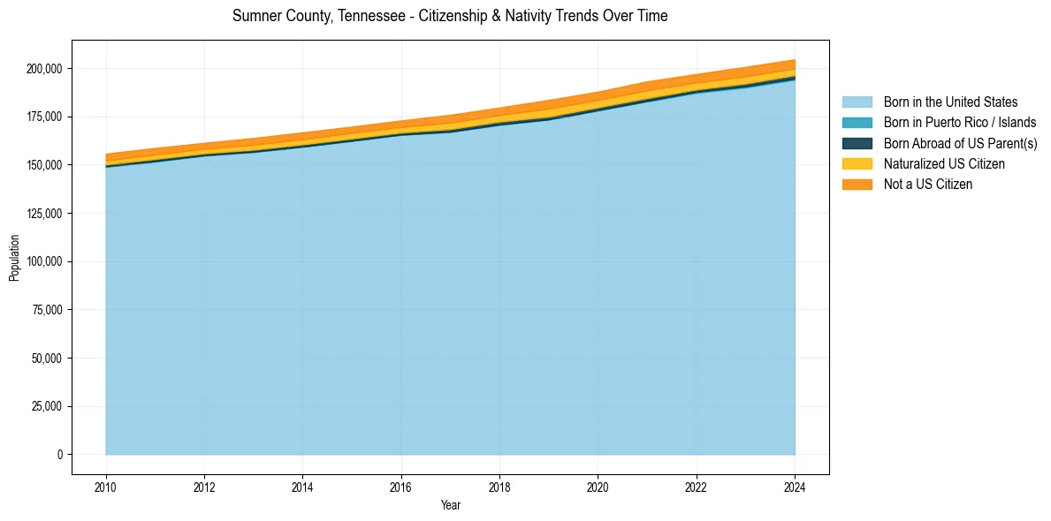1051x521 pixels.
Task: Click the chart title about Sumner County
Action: pos(450,16)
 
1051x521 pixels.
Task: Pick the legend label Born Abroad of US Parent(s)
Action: pos(960,143)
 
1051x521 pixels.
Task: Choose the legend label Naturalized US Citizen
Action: pos(944,164)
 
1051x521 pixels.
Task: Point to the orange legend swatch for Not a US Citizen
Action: pos(857,185)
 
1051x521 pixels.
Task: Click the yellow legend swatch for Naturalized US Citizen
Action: pos(857,164)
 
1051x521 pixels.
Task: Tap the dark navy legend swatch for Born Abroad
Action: pos(857,143)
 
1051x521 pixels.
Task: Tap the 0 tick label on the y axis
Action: pos(61,455)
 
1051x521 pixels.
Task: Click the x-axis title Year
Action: pos(451,506)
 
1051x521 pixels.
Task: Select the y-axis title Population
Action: pos(14,258)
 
